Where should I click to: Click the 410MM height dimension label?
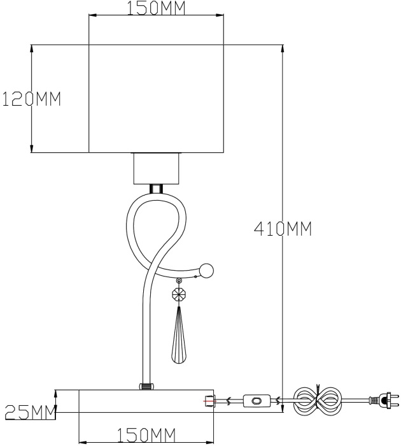pos(283,229)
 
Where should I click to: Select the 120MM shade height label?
pos(31,99)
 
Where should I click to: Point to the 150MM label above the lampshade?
pos(157,8)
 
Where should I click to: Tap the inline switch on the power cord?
pos(256,401)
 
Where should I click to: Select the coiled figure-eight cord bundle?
pos(318,400)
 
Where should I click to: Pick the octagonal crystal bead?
pos(179,295)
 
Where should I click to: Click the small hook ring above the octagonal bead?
pos(179,281)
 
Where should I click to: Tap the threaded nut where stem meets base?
pos(146,386)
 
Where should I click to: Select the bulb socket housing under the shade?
pos(157,168)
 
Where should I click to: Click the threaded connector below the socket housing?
pos(157,189)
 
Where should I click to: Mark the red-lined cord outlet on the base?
pos(209,401)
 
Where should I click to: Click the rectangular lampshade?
pos(157,98)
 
